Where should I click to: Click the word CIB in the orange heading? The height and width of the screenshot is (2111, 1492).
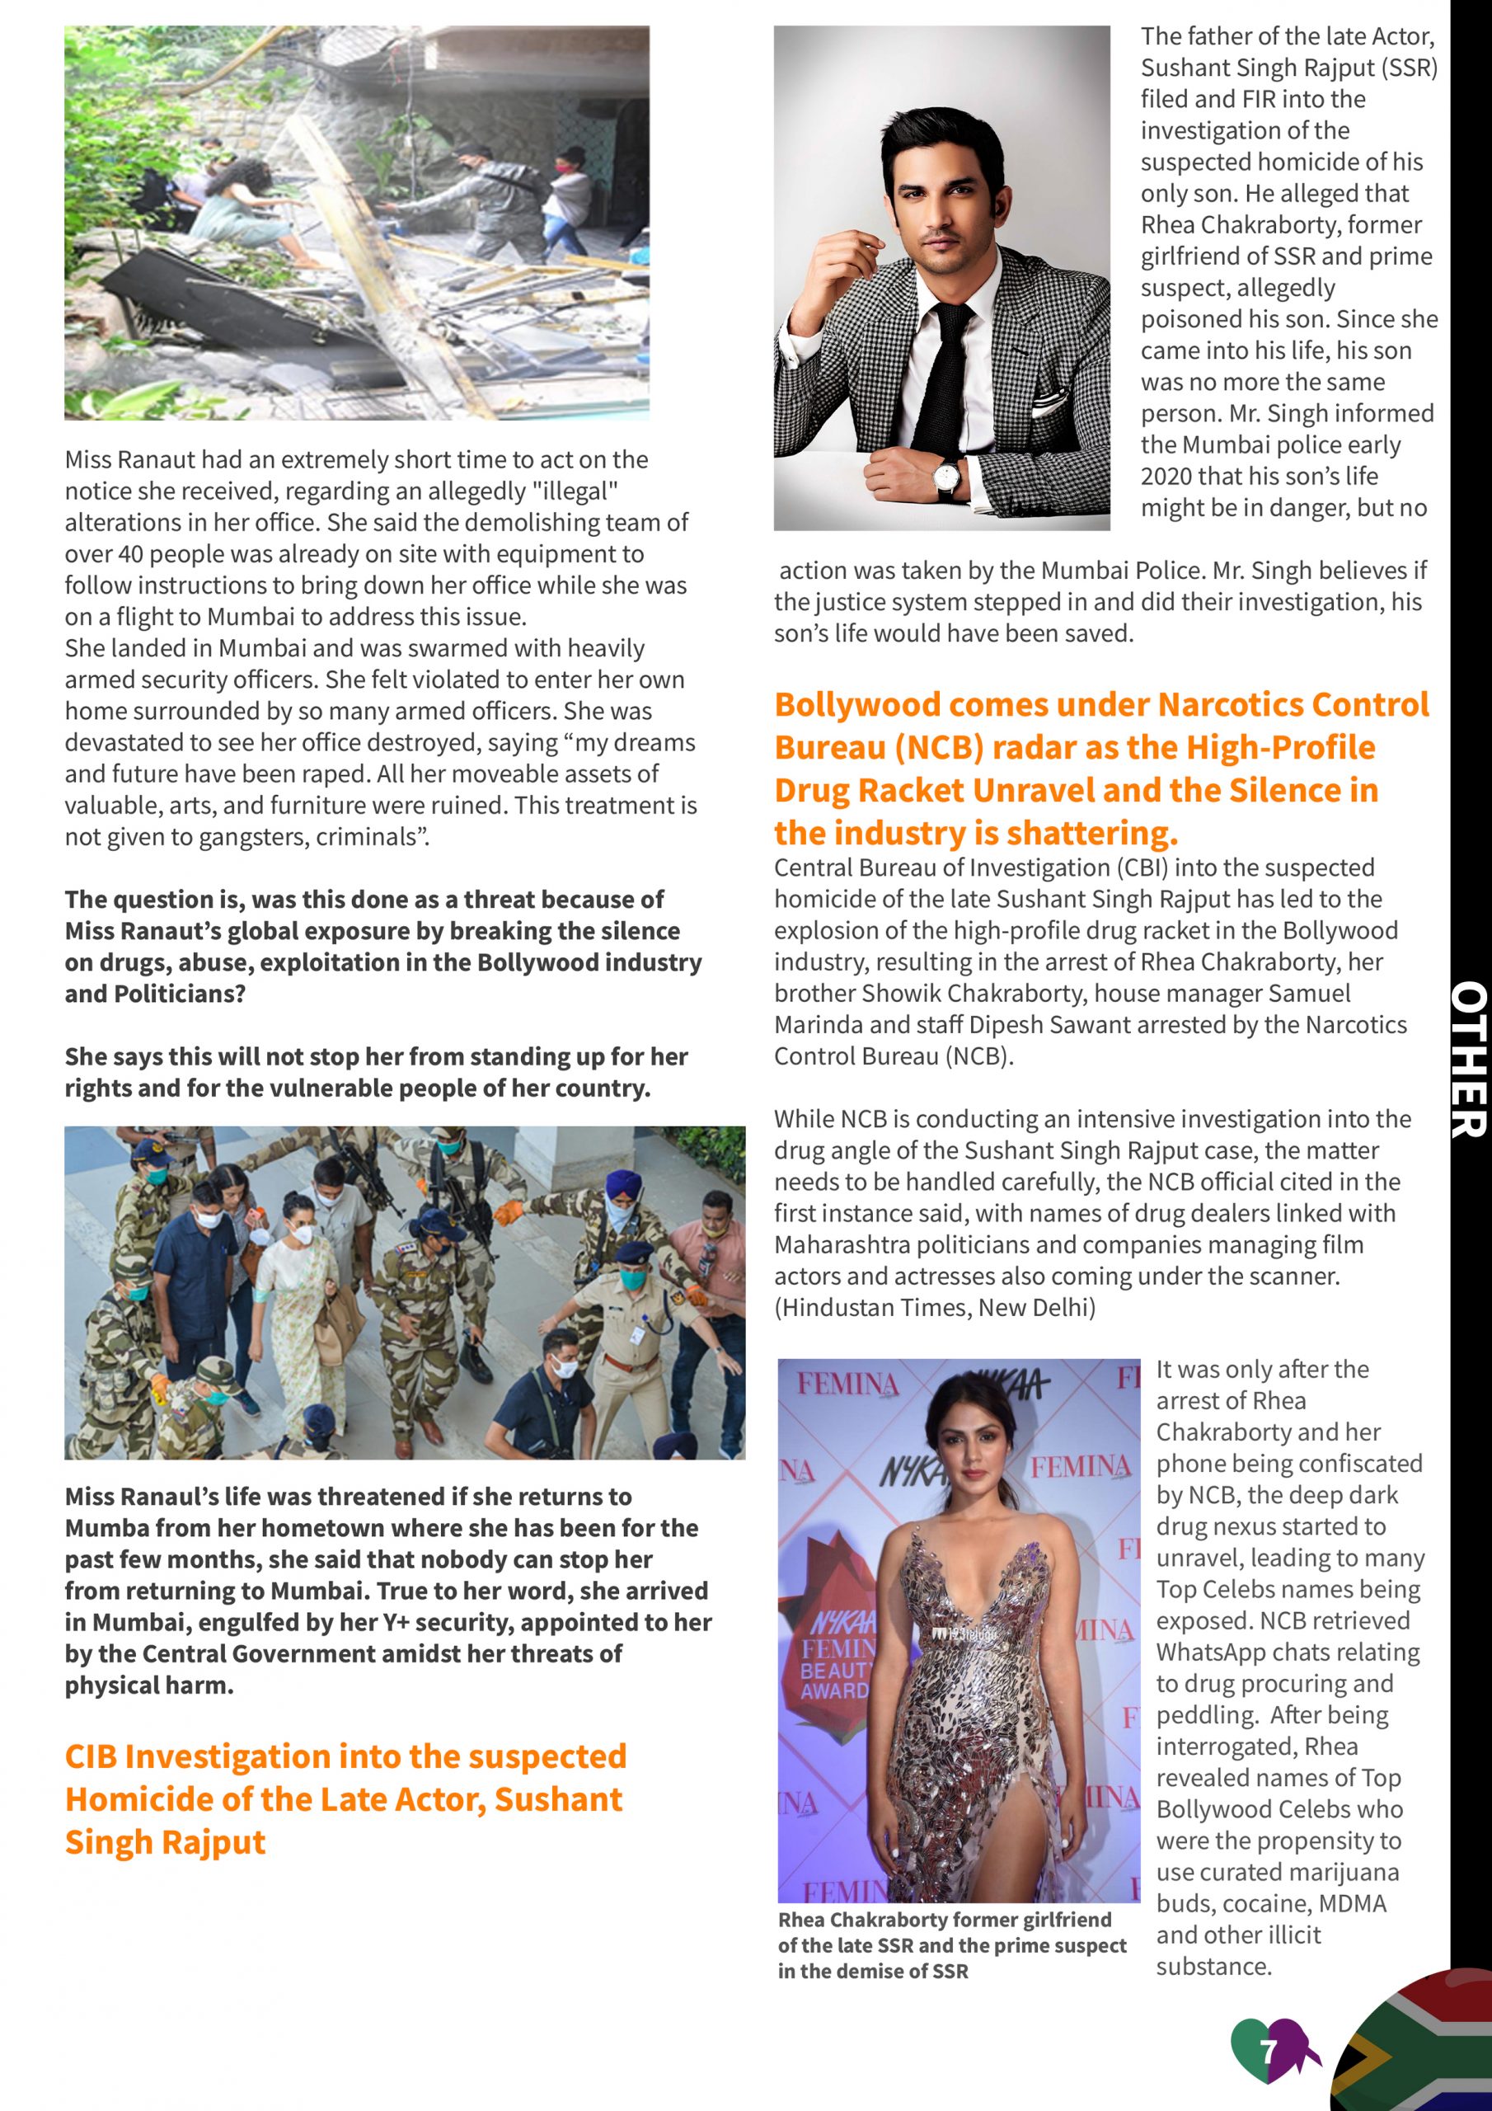click(90, 1757)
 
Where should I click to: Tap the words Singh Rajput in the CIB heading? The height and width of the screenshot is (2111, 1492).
click(166, 1842)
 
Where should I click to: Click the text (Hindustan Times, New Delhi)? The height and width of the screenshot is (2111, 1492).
click(934, 1308)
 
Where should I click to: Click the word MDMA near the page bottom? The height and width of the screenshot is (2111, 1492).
click(1352, 1903)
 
